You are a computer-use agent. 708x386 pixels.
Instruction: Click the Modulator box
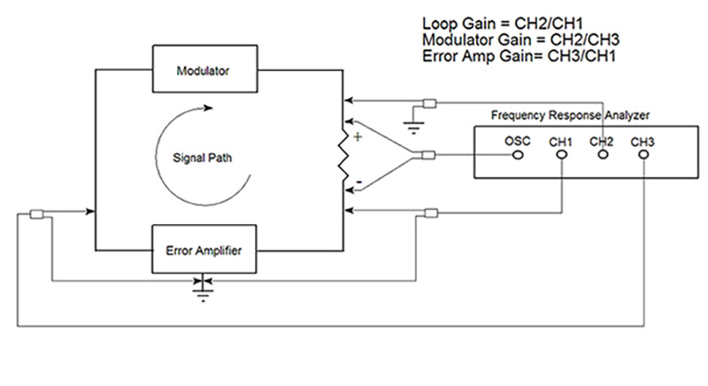pyautogui.click(x=204, y=70)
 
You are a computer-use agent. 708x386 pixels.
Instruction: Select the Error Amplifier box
pyautogui.click(x=204, y=251)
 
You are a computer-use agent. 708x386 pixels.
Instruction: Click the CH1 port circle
pyautogui.click(x=562, y=155)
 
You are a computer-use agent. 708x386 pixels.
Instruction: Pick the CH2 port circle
pyautogui.click(x=603, y=155)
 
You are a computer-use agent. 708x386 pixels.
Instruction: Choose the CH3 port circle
pyautogui.click(x=643, y=155)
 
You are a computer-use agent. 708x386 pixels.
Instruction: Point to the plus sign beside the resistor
pyautogui.click(x=358, y=137)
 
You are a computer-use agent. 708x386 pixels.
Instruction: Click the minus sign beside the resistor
pyautogui.click(x=358, y=183)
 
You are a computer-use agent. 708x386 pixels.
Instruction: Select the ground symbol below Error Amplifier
pyautogui.click(x=204, y=290)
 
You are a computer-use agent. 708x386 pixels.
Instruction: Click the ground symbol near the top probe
pyautogui.click(x=412, y=123)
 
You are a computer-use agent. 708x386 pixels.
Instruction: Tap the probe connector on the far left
pyautogui.click(x=37, y=213)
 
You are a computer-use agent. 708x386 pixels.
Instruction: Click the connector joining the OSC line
pyautogui.click(x=429, y=157)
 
